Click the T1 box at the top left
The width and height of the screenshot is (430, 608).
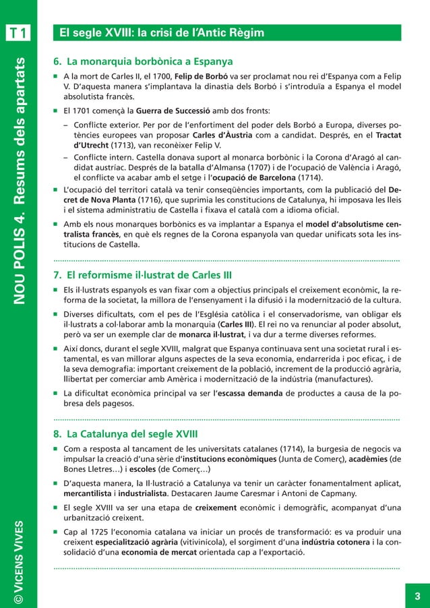pyautogui.click(x=18, y=32)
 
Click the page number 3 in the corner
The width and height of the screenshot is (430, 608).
pyautogui.click(x=417, y=595)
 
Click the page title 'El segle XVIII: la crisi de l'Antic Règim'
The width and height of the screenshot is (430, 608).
pyautogui.click(x=161, y=32)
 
